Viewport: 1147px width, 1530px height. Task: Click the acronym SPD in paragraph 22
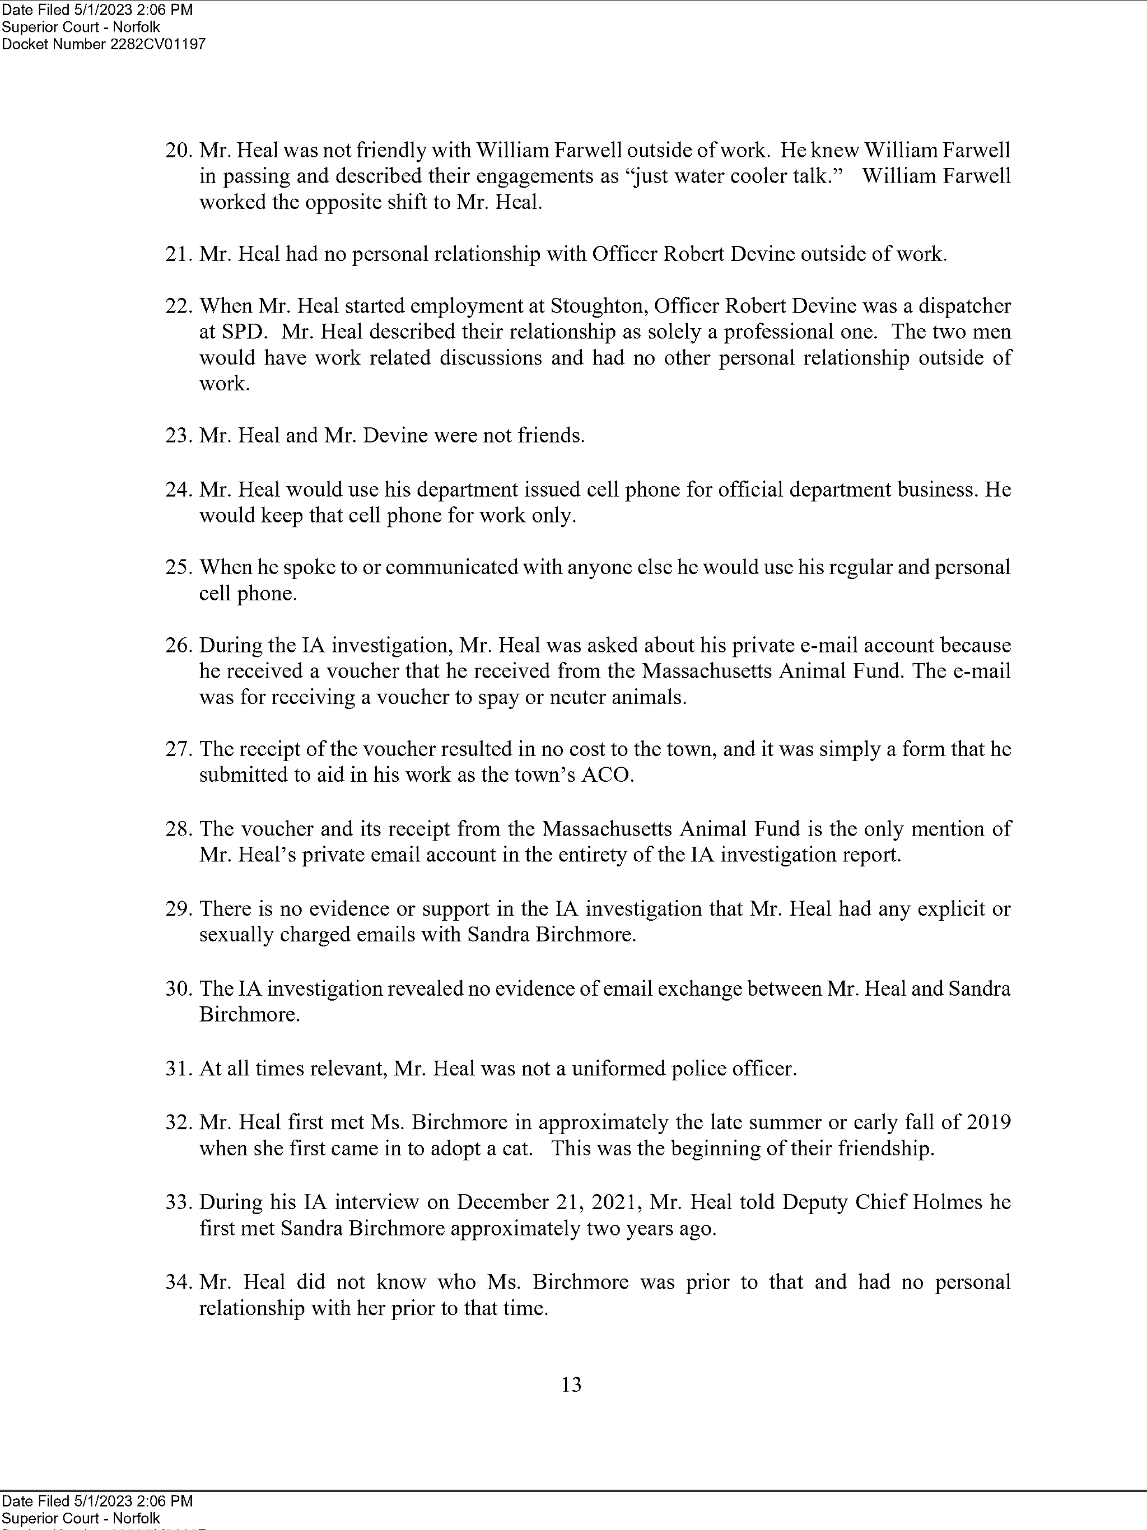232,332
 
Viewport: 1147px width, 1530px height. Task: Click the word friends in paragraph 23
550,436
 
